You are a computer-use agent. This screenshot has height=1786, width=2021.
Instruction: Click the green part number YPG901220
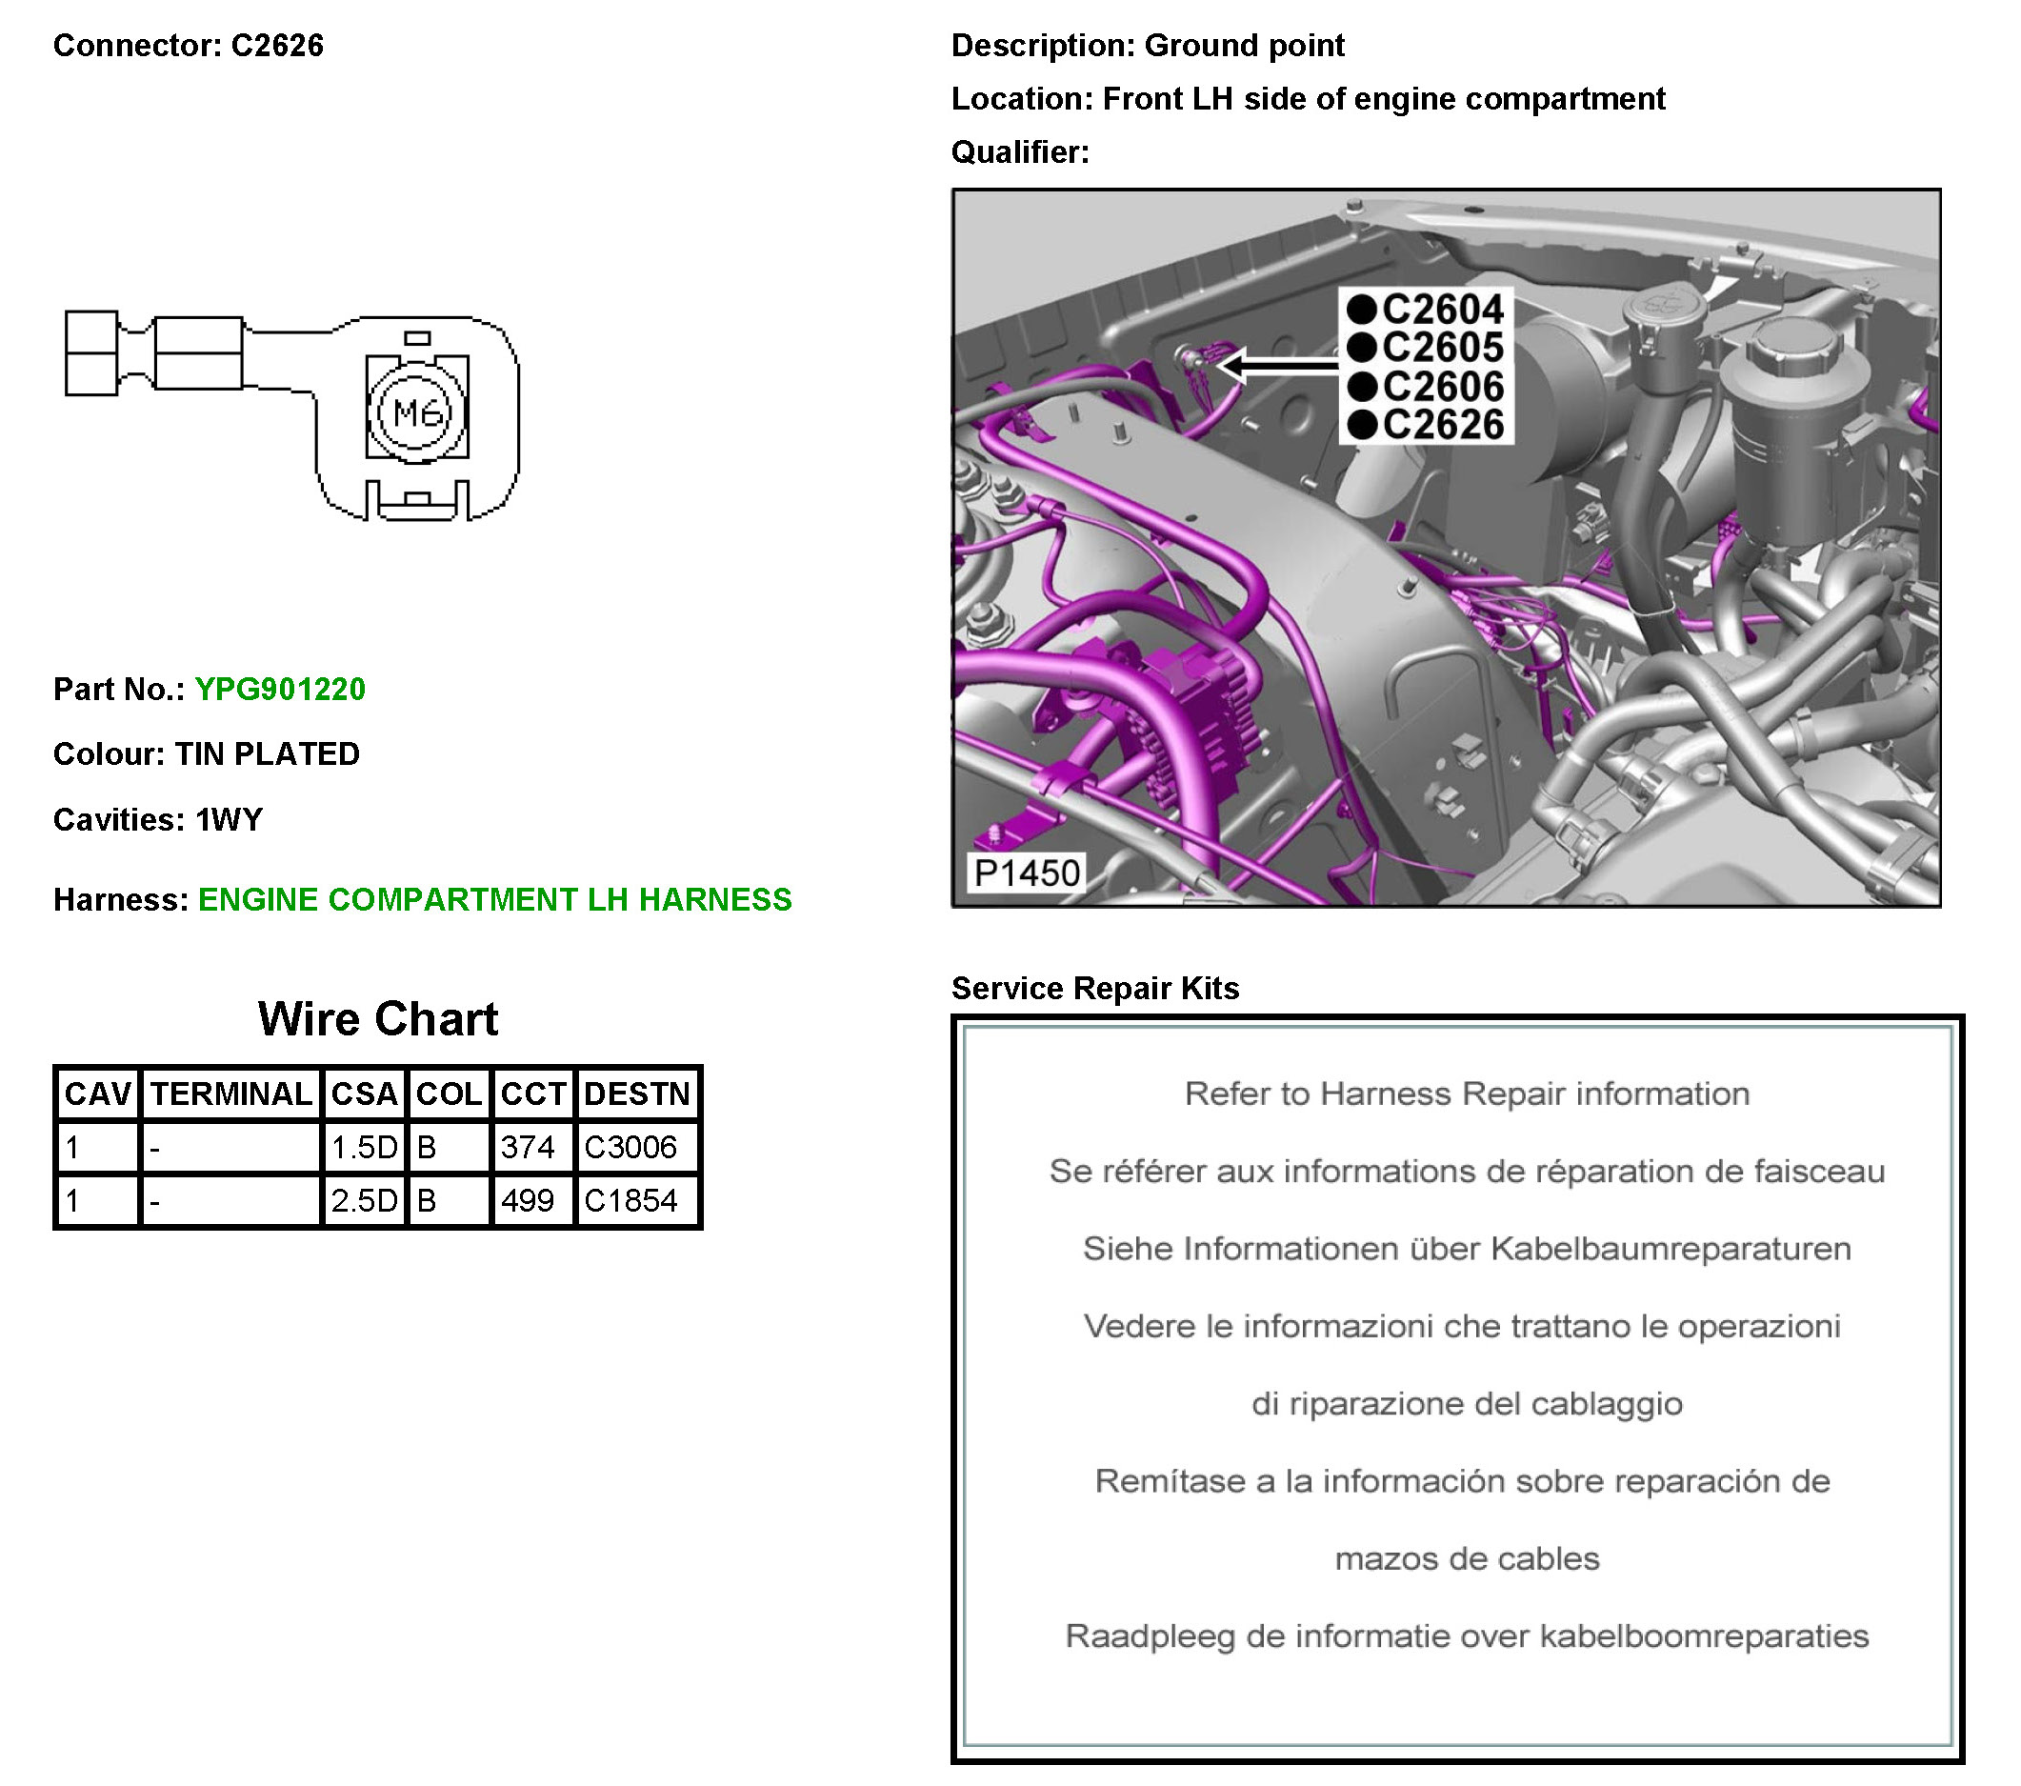pos(280,690)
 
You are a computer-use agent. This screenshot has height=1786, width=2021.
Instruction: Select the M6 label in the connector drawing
pos(416,412)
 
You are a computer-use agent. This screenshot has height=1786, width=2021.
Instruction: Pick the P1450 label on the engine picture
pos(1026,873)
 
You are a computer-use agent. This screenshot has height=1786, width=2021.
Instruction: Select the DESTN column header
pos(637,1094)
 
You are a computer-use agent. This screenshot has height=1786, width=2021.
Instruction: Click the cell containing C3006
pos(630,1147)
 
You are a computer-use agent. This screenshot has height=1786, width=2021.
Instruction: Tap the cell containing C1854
pos(630,1200)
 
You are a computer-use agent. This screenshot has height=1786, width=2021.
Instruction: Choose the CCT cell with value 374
pos(528,1147)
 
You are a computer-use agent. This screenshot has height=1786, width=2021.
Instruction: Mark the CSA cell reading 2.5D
pos(364,1200)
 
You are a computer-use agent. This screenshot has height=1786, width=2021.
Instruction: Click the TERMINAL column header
pos(231,1094)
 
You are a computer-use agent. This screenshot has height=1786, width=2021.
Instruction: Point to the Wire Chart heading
pos(378,1019)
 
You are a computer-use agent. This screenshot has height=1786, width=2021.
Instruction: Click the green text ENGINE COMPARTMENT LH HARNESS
pos(494,900)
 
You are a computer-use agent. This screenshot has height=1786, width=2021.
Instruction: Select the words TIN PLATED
pos(267,754)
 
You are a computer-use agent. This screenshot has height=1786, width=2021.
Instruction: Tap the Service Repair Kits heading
pos(1094,989)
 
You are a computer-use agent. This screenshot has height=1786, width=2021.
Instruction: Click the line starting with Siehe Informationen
pos(1467,1249)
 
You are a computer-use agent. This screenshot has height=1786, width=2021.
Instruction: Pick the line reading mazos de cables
pos(1467,1559)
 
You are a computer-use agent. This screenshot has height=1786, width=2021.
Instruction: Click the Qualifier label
pos(1019,152)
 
